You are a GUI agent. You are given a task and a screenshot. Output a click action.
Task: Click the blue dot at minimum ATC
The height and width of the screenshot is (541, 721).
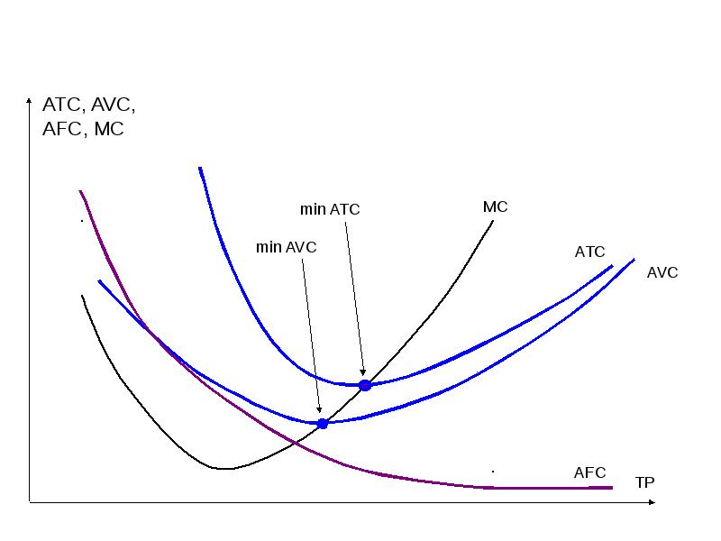365,385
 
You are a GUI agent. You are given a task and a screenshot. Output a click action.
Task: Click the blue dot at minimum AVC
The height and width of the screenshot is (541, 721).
323,423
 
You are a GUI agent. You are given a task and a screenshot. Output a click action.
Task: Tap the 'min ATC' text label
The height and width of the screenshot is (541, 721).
330,209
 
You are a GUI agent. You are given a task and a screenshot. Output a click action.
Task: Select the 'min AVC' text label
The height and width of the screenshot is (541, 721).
286,246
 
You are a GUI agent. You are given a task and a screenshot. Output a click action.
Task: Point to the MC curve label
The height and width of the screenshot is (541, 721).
496,206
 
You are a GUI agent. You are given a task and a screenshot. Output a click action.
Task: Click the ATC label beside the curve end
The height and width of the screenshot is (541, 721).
590,252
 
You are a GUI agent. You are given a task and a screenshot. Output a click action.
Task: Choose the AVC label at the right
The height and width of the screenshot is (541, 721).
662,272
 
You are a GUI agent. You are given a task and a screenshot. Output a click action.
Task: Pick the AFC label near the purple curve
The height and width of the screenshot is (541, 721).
590,472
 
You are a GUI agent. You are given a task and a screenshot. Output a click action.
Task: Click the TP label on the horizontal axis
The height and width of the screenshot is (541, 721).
645,482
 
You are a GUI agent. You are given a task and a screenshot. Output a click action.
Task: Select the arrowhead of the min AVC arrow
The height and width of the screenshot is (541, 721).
319,410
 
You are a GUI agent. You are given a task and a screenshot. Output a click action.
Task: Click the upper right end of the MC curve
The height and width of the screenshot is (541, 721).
493,220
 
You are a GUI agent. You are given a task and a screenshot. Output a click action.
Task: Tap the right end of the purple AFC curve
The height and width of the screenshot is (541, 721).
612,488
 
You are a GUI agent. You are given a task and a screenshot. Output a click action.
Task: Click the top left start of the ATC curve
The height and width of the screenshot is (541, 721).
199,168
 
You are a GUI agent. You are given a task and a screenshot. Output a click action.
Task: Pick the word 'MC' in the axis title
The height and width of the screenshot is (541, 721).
109,129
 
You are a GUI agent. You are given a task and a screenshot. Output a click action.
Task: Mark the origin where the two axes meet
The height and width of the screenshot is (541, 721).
30,501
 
